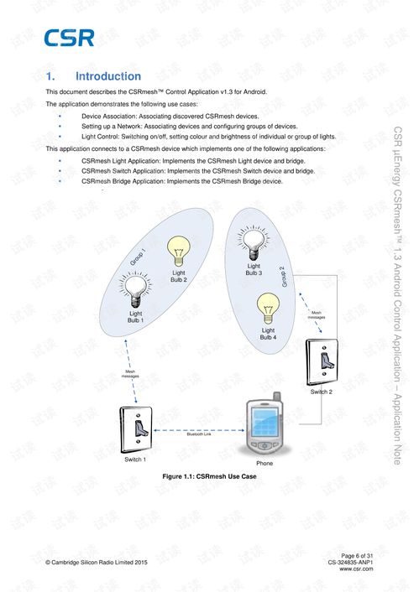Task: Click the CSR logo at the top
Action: pyautogui.click(x=69, y=38)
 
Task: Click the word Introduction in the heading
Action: pyautogui.click(x=108, y=76)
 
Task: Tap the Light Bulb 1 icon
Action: pyautogui.click(x=135, y=289)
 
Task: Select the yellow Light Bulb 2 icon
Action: pyautogui.click(x=179, y=251)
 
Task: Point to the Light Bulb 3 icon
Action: pyautogui.click(x=254, y=242)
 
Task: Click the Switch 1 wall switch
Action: pyautogui.click(x=136, y=429)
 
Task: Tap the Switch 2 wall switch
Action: pyautogui.click(x=322, y=362)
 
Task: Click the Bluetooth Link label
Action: pyautogui.click(x=199, y=434)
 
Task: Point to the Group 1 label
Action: pyautogui.click(x=138, y=257)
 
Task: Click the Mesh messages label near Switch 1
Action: pyautogui.click(x=130, y=374)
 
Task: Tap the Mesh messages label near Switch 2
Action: pyautogui.click(x=317, y=315)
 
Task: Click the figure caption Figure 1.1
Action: pyautogui.click(x=210, y=476)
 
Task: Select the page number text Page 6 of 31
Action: pyautogui.click(x=357, y=556)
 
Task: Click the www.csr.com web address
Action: pyautogui.click(x=356, y=569)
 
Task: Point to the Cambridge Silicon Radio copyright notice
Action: pyautogui.click(x=97, y=562)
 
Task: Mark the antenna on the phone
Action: pyautogui.click(x=277, y=396)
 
